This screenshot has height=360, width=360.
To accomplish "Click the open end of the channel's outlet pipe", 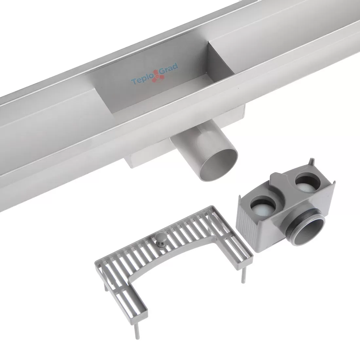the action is (x=219, y=165).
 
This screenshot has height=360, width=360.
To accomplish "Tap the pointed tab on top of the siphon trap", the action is (x=311, y=162).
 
